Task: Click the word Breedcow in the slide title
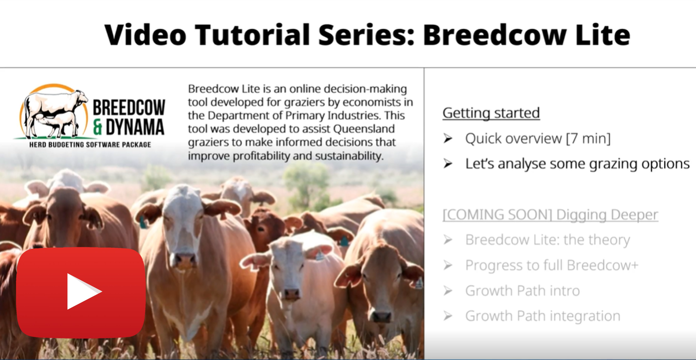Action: coord(495,35)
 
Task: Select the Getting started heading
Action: coord(491,113)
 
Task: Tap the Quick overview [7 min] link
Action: coord(538,138)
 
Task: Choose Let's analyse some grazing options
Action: coord(577,164)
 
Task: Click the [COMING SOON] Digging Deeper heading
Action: coord(550,215)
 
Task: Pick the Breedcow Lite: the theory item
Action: coord(548,240)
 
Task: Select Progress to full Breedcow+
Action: coord(552,265)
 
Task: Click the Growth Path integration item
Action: coord(543,316)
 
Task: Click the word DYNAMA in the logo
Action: coord(135,127)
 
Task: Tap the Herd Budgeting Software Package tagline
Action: coord(90,145)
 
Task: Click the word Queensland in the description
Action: coord(364,129)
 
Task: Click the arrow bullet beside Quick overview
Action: coord(448,138)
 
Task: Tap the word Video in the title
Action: coord(145,35)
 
